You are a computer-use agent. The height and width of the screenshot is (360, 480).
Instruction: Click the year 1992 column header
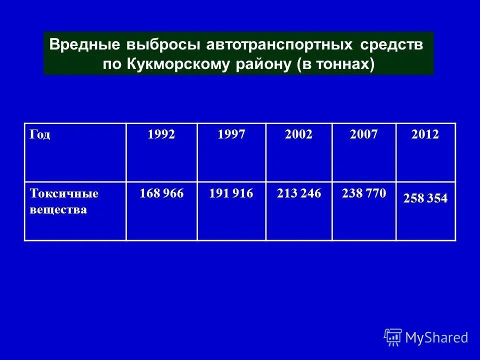click(x=161, y=134)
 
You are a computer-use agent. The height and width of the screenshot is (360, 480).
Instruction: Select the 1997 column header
click(x=231, y=134)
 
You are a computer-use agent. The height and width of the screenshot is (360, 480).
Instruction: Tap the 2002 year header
click(x=298, y=134)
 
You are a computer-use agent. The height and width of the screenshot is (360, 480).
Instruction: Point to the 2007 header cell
click(x=363, y=134)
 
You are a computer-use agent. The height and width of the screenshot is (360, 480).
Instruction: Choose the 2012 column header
click(x=425, y=134)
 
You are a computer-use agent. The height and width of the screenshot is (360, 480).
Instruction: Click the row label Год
click(x=40, y=134)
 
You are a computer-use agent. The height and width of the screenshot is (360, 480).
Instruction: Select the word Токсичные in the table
click(x=64, y=193)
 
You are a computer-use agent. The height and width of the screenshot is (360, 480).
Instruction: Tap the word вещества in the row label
click(x=58, y=209)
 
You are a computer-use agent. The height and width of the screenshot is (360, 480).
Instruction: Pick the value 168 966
click(x=161, y=193)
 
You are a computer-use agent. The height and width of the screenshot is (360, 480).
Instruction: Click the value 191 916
click(x=231, y=193)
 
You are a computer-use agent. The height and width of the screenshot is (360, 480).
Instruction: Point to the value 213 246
click(x=299, y=193)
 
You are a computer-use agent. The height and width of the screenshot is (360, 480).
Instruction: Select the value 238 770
click(x=364, y=193)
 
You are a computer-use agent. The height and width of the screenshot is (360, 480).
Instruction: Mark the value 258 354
click(x=425, y=198)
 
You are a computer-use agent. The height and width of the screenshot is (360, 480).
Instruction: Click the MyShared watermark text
click(x=436, y=337)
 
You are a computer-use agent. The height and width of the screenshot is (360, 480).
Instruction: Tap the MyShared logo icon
click(x=393, y=337)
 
